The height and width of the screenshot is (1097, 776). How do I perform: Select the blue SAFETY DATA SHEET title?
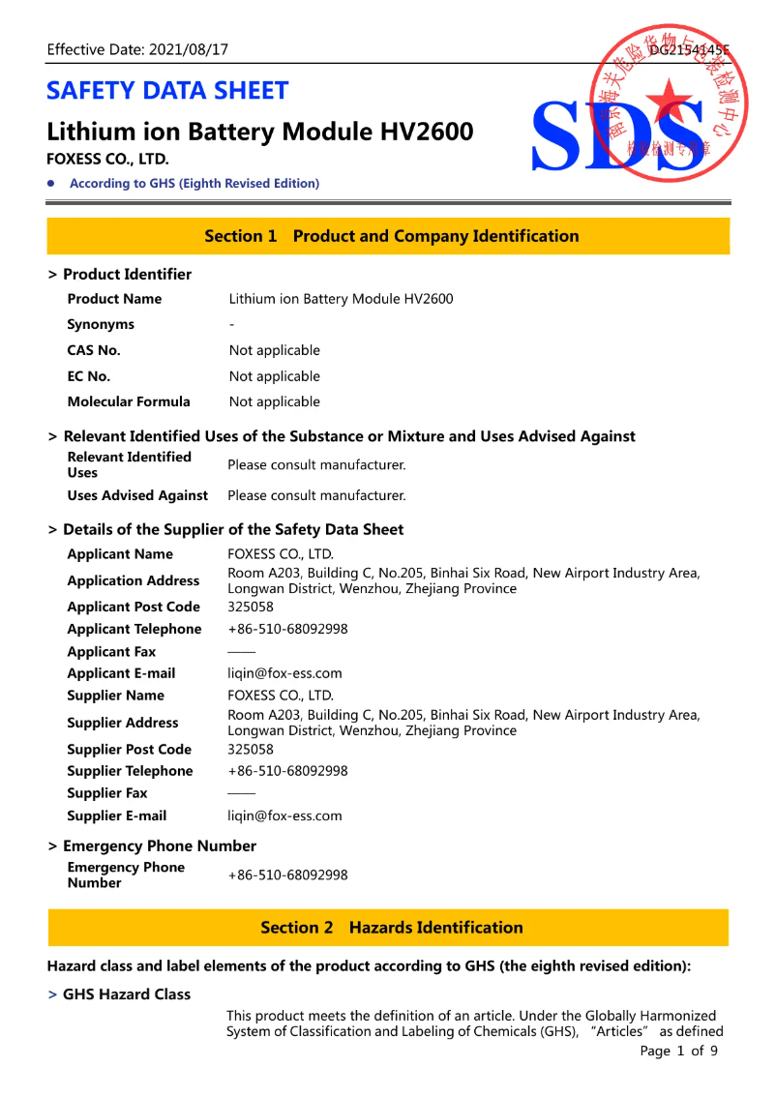click(x=167, y=91)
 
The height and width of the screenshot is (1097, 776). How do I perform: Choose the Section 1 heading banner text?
click(x=391, y=236)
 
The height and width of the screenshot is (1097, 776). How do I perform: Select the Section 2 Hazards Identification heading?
click(x=391, y=928)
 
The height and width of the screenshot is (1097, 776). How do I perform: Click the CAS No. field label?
click(x=94, y=350)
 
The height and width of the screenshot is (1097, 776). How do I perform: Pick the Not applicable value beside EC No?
click(x=274, y=376)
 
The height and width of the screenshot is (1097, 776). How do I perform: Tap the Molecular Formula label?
click(x=129, y=401)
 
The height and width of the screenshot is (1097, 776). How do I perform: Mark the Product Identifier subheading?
click(x=127, y=275)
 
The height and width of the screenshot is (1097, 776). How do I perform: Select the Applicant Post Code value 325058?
click(x=251, y=607)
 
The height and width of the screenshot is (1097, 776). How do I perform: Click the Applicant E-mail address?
click(x=284, y=673)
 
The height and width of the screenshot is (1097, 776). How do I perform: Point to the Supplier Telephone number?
click(x=287, y=771)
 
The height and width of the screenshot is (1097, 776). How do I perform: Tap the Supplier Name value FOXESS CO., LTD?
click(x=280, y=696)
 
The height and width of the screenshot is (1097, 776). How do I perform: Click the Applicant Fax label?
click(x=111, y=652)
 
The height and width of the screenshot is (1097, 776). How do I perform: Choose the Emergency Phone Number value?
click(x=287, y=875)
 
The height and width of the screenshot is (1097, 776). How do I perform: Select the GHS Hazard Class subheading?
click(x=127, y=994)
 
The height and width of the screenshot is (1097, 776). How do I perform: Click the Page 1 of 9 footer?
click(x=678, y=1051)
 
